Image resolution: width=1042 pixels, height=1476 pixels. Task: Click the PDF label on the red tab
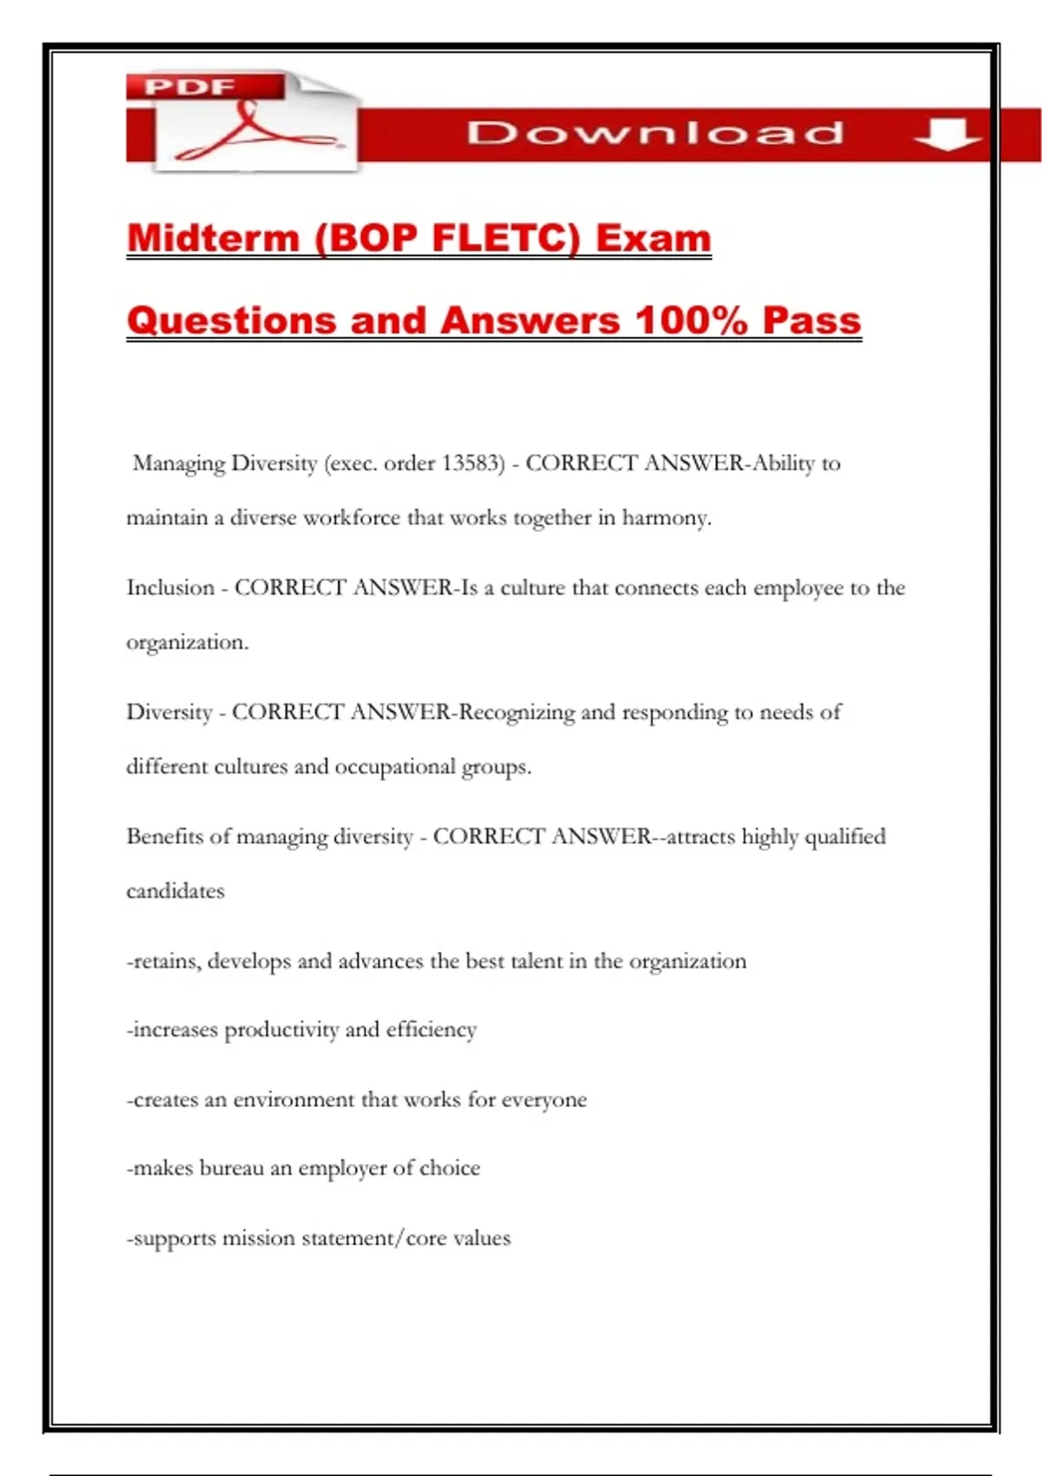tap(190, 87)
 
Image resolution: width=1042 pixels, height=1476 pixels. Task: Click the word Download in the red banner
tap(656, 133)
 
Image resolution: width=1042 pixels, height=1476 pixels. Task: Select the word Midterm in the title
tap(213, 238)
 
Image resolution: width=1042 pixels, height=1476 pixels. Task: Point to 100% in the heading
tap(691, 320)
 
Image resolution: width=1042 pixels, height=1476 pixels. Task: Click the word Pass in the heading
tap(811, 320)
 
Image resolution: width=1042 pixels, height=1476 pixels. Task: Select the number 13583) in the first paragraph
tap(473, 463)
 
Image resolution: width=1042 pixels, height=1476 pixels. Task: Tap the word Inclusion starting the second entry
tap(170, 588)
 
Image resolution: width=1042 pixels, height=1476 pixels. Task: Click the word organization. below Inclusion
tap(188, 642)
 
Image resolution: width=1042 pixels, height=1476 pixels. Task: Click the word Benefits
tap(164, 836)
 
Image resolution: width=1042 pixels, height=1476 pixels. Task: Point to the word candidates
tap(175, 891)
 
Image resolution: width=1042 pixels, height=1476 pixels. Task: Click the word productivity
tap(281, 1030)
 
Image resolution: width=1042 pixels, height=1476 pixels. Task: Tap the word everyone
tap(544, 1100)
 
